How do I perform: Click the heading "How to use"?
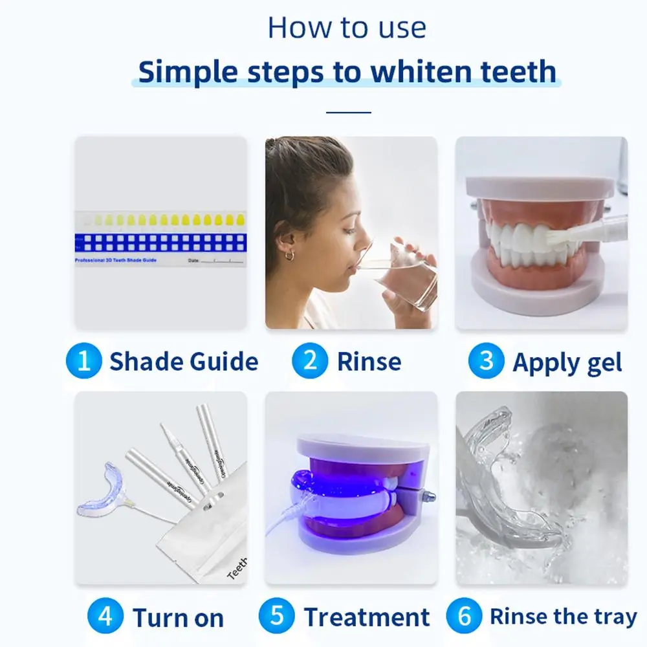pos(347,28)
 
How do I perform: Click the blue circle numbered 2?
pos(310,361)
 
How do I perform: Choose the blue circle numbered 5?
pos(278,617)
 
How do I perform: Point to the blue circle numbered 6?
pos(464,616)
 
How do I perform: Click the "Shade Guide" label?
pos(183,362)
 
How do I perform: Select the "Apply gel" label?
pos(567,363)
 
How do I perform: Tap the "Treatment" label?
pos(367,617)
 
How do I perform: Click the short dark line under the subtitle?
pos(349,112)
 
